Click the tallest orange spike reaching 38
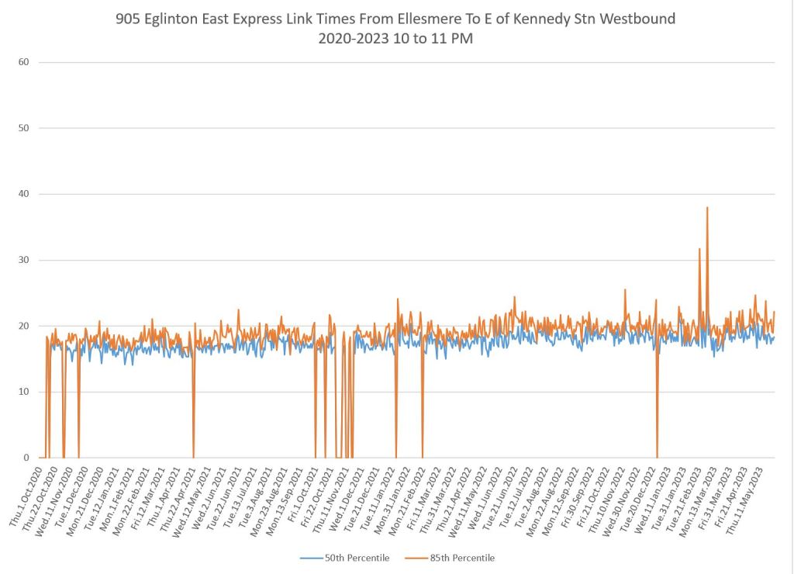(x=707, y=208)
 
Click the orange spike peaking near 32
(x=699, y=250)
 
